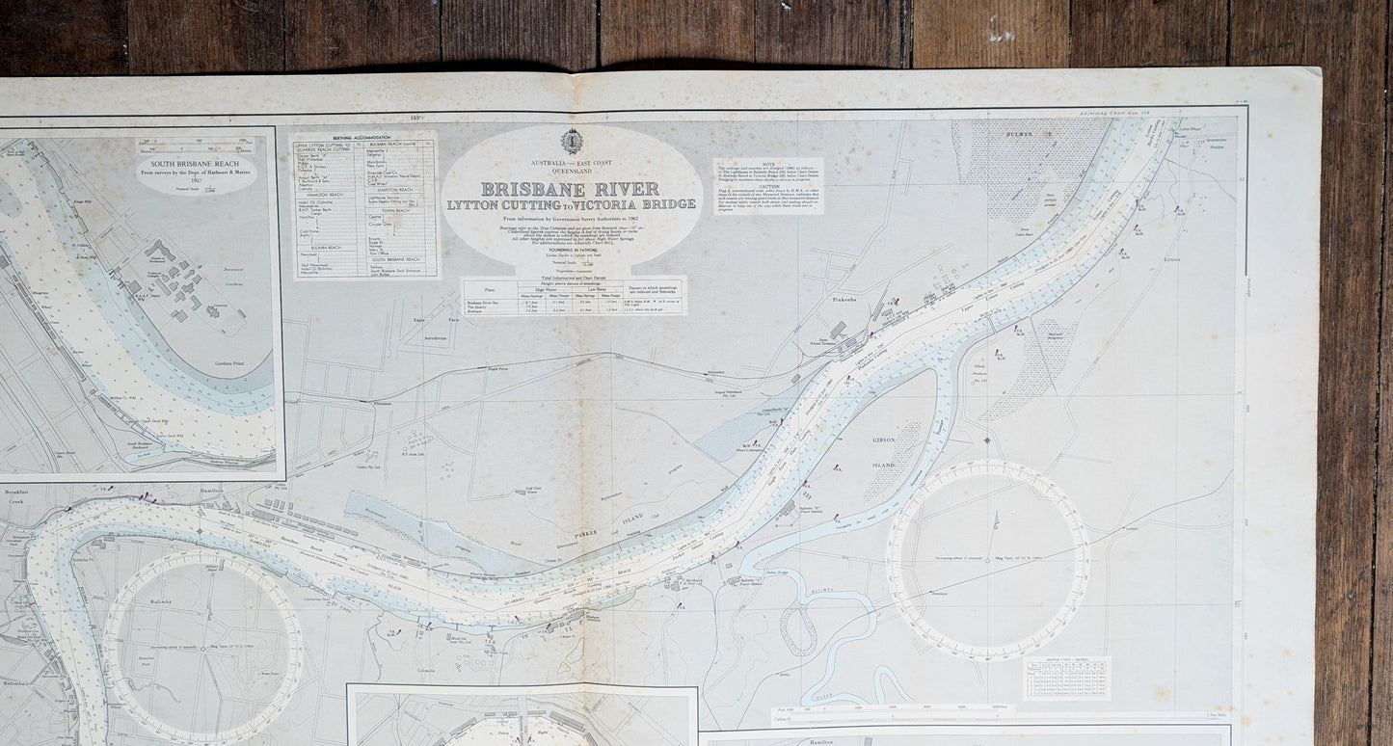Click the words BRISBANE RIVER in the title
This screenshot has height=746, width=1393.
click(x=570, y=189)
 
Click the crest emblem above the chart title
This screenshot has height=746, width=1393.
click(x=572, y=141)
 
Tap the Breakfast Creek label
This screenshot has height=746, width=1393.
click(x=17, y=496)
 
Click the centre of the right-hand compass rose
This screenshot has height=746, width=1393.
click(x=988, y=560)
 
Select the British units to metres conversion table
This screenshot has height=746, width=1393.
click(x=1066, y=678)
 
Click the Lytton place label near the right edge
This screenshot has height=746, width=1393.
click(x=1171, y=259)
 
